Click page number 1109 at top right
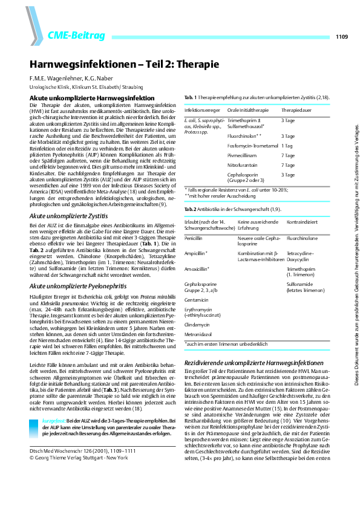[x=341, y=37]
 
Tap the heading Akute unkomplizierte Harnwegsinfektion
[x=93, y=98]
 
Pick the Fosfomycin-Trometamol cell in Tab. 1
[x=252, y=146]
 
